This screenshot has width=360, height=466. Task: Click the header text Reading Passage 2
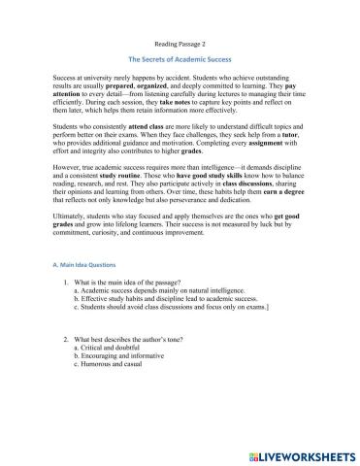(180, 45)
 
